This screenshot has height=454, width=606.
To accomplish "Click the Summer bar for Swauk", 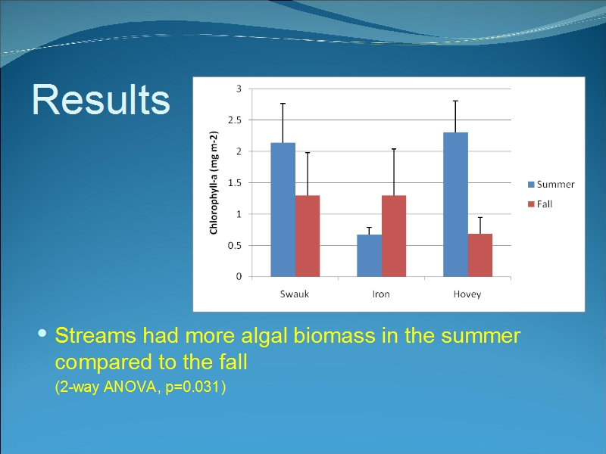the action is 283,210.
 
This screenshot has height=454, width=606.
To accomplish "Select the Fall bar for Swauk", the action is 308,236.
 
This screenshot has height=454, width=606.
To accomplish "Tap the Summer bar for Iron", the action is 369,256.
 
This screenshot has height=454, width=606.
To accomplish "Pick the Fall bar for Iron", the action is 394,236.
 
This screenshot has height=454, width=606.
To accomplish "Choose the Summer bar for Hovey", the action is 456,204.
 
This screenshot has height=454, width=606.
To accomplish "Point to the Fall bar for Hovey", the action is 480,255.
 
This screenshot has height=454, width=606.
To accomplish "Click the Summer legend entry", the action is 551,185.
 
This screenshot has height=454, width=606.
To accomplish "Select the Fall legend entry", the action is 540,204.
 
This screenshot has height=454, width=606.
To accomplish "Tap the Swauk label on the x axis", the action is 295,294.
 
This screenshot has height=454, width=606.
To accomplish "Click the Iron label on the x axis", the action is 381,294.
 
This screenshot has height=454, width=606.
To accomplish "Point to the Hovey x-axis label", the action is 467,294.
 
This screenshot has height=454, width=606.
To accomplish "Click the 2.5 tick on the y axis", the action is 235,120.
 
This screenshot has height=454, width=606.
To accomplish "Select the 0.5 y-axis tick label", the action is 235,245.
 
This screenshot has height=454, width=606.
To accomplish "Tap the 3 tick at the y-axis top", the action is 239,89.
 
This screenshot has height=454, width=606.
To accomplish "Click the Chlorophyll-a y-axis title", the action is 214,182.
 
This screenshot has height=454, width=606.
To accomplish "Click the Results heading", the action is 101,100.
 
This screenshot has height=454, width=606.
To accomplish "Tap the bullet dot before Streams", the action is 42,333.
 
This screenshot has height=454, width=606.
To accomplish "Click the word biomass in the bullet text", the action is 334,335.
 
